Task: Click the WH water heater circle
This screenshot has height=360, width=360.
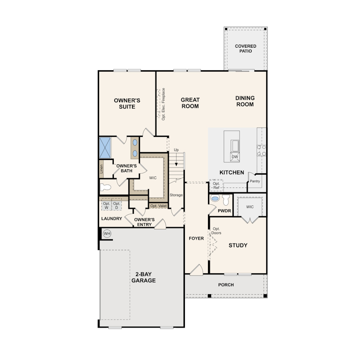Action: pyautogui.click(x=107, y=234)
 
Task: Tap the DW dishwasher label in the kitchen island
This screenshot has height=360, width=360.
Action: pyautogui.click(x=235, y=157)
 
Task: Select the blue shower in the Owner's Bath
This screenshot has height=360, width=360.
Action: pyautogui.click(x=105, y=148)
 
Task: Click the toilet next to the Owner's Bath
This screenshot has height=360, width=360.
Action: pyautogui.click(x=105, y=188)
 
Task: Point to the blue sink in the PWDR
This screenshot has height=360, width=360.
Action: pyautogui.click(x=215, y=199)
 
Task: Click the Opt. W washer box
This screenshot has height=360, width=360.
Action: pyautogui.click(x=106, y=205)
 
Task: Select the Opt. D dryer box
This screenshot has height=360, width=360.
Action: pyautogui.click(x=116, y=205)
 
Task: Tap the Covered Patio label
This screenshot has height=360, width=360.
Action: pyautogui.click(x=245, y=48)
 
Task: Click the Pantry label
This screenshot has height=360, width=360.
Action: pyautogui.click(x=255, y=181)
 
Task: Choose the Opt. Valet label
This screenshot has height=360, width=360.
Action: pyautogui.click(x=158, y=206)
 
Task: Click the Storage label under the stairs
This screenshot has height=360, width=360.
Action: pyautogui.click(x=176, y=195)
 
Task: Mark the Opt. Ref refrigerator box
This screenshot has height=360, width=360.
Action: pyautogui.click(x=216, y=185)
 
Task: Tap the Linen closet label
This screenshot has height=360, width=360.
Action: pyautogui.click(x=101, y=169)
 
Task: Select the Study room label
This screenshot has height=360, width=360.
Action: pyautogui.click(x=238, y=245)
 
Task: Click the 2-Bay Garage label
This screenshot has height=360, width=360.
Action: pyautogui.click(x=144, y=277)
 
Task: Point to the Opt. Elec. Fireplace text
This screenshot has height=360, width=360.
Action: pyautogui.click(x=163, y=104)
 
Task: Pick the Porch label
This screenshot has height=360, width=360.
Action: pyautogui.click(x=226, y=285)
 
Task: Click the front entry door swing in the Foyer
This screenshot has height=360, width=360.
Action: pyautogui.click(x=197, y=270)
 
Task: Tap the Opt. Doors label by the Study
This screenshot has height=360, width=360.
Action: pyautogui.click(x=216, y=231)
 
